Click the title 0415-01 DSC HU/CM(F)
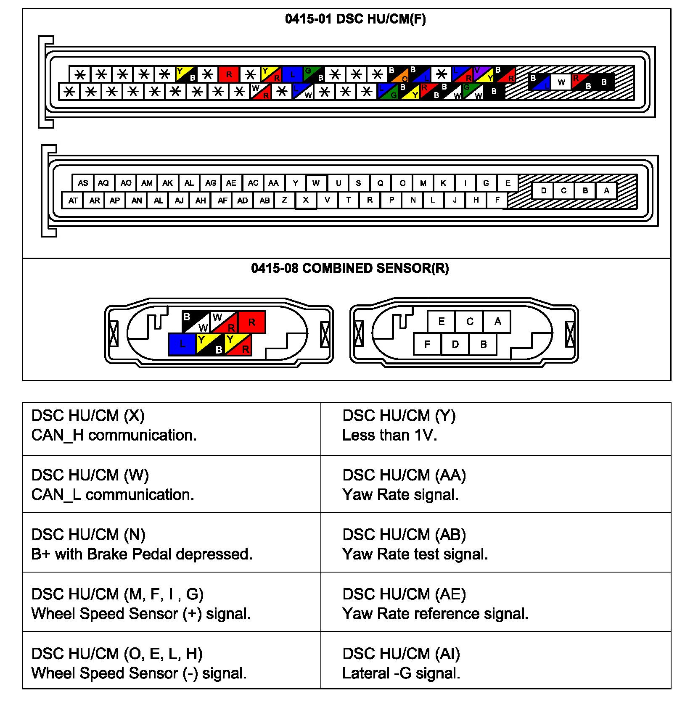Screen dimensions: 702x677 coord(355,19)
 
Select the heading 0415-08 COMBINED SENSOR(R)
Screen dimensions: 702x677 coord(350,268)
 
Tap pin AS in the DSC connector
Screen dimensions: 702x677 coord(83,183)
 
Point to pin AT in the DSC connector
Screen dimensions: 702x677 coord(73,201)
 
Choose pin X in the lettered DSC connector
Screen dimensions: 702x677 coord(306,200)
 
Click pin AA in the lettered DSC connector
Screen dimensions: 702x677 coord(273,183)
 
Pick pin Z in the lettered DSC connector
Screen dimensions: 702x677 coord(284,200)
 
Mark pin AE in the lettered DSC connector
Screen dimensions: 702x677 coord(231,183)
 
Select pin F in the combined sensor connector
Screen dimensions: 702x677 coord(427,344)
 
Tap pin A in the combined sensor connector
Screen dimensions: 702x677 coord(497,322)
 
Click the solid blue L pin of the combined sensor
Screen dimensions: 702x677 coord(182,344)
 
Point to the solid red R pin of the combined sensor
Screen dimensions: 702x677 coord(251,322)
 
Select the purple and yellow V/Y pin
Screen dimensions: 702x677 coord(483,74)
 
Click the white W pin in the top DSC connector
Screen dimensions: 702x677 coord(561,82)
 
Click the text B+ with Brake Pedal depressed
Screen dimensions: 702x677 coord(142,554)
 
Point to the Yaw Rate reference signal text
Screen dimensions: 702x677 coord(435,614)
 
